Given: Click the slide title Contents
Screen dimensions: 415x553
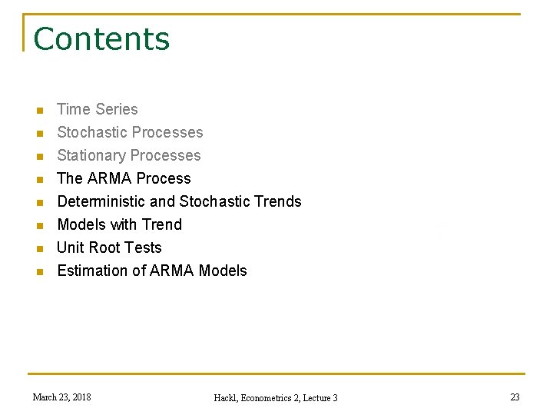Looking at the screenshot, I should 101,39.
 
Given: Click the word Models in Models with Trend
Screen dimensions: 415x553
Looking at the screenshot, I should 81,224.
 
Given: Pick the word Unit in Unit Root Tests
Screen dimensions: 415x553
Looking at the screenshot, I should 70,247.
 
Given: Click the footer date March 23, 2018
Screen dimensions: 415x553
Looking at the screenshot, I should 61,397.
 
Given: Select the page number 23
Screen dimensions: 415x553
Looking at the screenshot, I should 515,397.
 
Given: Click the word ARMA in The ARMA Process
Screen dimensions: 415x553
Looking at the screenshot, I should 110,178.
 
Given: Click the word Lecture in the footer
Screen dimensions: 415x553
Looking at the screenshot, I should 316,398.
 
